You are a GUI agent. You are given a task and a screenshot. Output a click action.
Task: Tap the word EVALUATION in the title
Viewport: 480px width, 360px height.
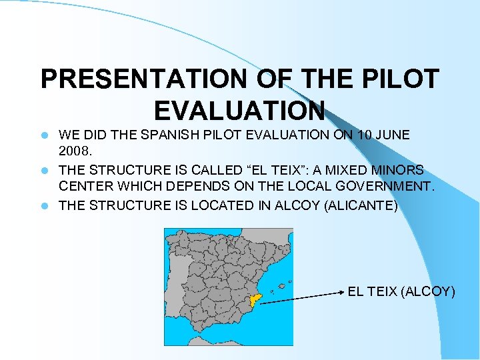pos(239,109)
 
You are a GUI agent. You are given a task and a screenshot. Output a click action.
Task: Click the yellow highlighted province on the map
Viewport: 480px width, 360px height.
pos(255,301)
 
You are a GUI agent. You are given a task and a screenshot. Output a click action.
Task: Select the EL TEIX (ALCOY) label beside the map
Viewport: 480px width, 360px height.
pos(401,291)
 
